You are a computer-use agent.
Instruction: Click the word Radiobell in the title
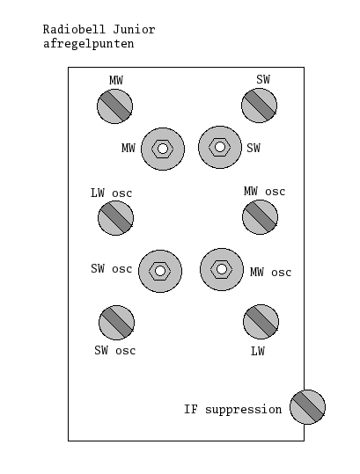coord(74,29)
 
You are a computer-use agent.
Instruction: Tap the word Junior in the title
coord(135,29)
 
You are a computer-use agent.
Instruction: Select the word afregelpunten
coord(88,44)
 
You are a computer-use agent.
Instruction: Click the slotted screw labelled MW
coord(115,106)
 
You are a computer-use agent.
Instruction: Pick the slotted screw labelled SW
coord(260,106)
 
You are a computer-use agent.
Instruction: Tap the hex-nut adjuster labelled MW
coord(163,149)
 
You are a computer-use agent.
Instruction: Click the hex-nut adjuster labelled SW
coord(220,147)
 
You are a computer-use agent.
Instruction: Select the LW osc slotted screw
coord(116,218)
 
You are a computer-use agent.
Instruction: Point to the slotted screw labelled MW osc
coord(261,217)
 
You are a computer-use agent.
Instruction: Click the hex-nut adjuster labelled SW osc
coord(160,271)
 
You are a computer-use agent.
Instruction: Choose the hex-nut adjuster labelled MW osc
coord(222,269)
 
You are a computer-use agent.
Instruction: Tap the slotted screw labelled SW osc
coord(117,323)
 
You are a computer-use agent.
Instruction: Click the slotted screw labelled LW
coord(261,322)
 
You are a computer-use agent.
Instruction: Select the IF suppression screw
coord(308,407)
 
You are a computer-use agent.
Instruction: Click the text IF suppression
coord(233,410)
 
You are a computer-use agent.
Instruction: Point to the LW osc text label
coord(111,193)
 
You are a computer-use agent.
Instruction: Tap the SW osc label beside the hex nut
coord(112,268)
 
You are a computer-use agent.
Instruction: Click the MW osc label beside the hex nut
coord(271,272)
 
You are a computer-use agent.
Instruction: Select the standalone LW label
coord(258,351)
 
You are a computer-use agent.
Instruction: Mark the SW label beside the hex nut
coord(253,148)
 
